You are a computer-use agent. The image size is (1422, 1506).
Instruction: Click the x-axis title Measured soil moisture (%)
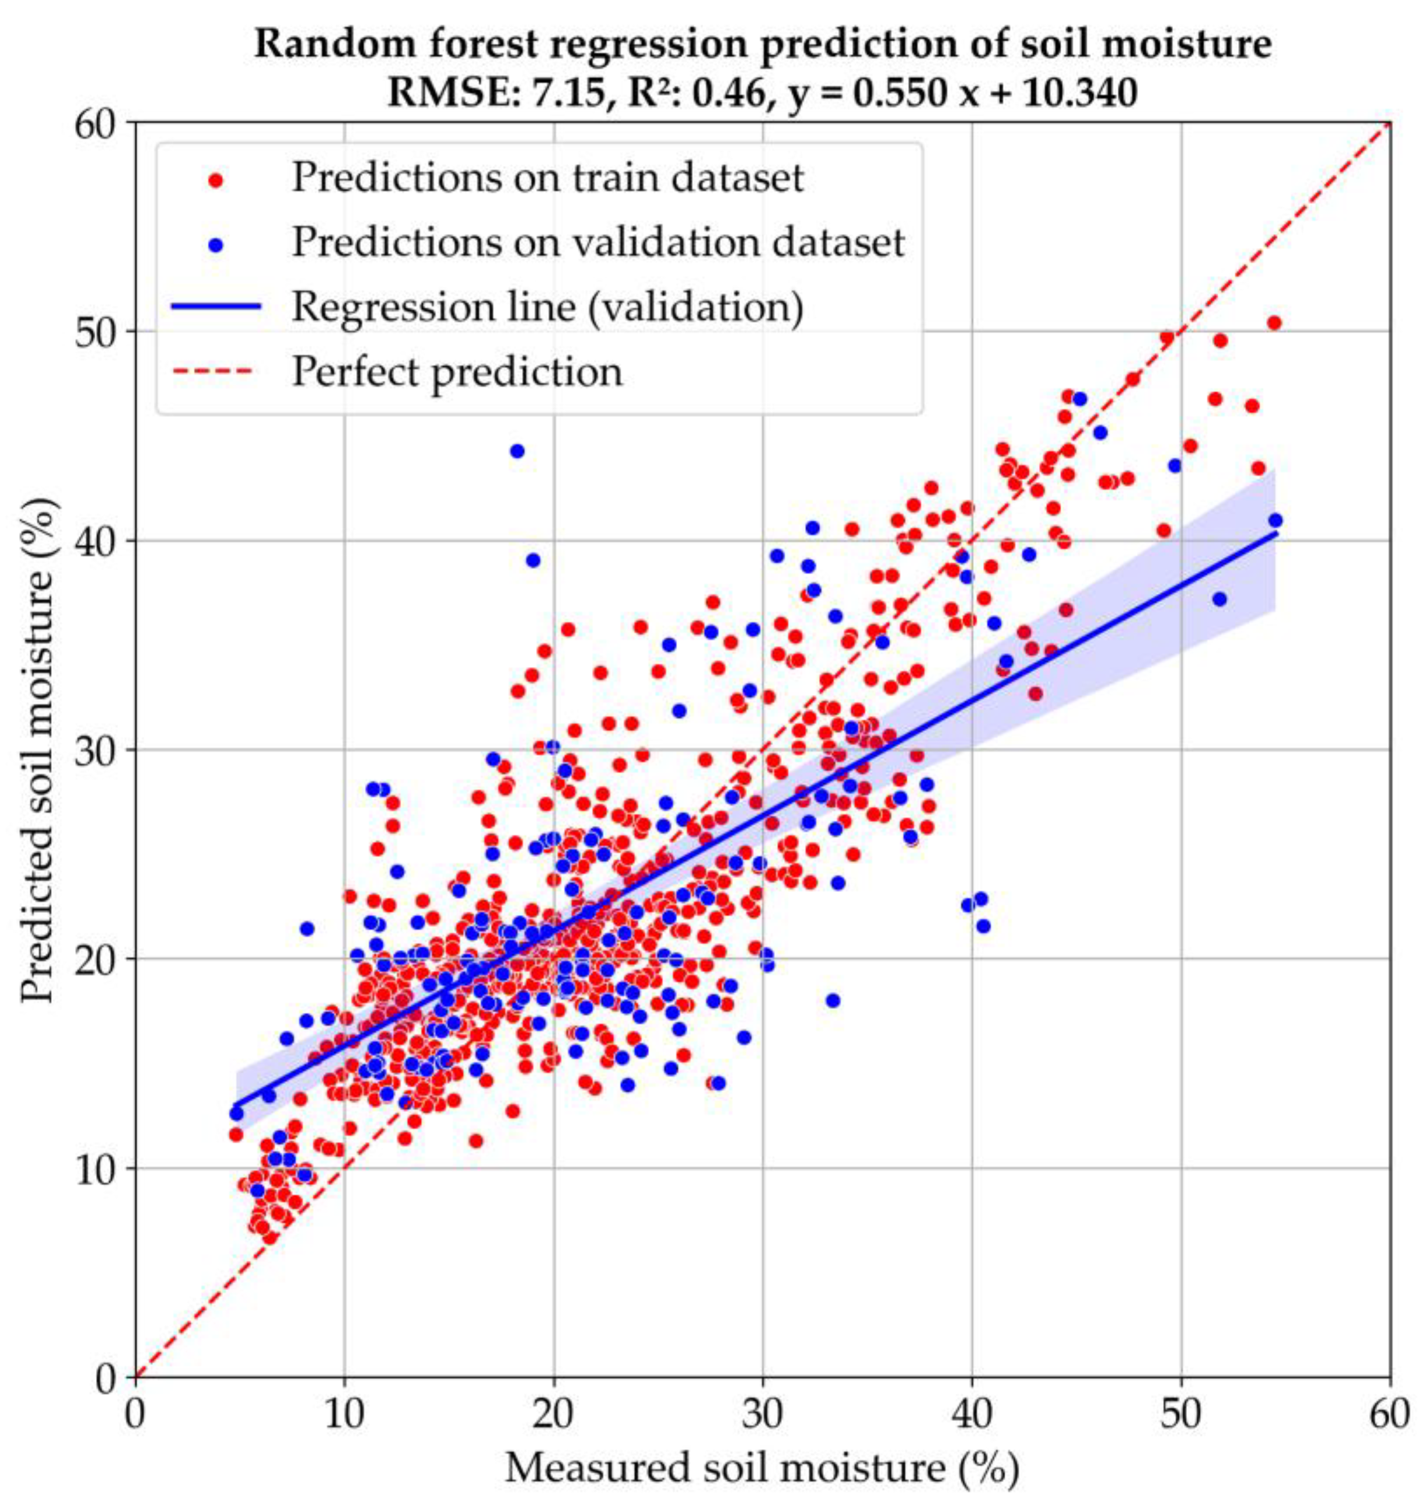pyautogui.click(x=762, y=1468)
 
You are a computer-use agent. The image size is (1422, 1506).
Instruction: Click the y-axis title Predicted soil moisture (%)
pyautogui.click(x=38, y=750)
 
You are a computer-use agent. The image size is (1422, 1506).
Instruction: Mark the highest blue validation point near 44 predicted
pyautogui.click(x=517, y=451)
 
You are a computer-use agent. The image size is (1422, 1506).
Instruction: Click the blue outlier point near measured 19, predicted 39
pyautogui.click(x=533, y=560)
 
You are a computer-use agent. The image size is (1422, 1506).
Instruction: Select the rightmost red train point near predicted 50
pyautogui.click(x=1274, y=323)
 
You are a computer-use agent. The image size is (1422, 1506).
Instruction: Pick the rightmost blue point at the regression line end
pyautogui.click(x=1275, y=520)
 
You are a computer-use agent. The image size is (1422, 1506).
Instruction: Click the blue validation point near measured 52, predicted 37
pyautogui.click(x=1220, y=599)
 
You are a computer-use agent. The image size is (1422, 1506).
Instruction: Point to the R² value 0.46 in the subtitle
pyautogui.click(x=735, y=93)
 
